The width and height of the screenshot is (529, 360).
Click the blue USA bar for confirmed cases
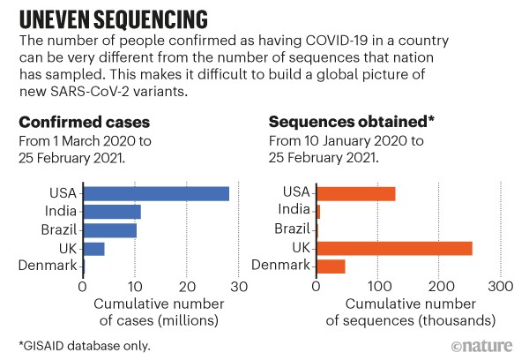tap(155, 194)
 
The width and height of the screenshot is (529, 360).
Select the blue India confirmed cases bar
tap(111, 212)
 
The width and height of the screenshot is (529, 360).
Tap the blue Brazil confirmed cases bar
tap(109, 230)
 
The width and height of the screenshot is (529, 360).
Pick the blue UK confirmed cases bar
tap(93, 248)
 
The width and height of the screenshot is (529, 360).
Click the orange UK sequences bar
tap(393, 248)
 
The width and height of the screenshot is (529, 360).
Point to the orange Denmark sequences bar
tap(331, 266)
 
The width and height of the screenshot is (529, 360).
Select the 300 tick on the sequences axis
tap(501, 287)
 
